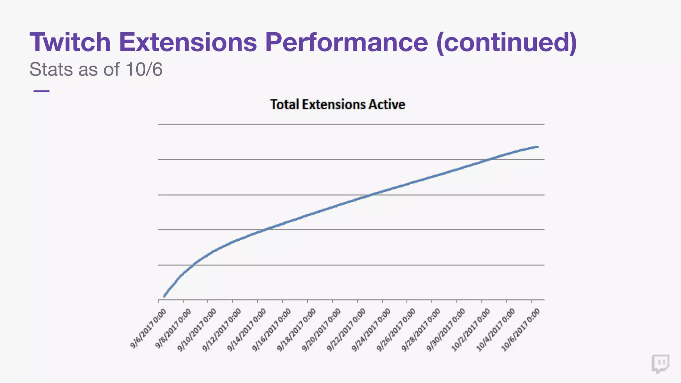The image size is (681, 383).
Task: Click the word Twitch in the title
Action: tap(70, 42)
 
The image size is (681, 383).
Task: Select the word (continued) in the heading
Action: tap(506, 42)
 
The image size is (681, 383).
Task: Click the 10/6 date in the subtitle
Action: tap(144, 69)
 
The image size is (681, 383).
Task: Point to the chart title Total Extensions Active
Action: tap(338, 104)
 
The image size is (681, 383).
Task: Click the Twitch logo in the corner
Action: tap(660, 363)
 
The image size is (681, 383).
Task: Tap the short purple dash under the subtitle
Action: tap(41, 91)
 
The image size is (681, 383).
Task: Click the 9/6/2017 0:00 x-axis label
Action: tap(148, 328)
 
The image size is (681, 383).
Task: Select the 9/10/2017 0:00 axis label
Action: tap(197, 330)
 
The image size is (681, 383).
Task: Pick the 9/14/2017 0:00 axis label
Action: tap(247, 330)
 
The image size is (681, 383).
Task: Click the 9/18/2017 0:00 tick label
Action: tap(297, 330)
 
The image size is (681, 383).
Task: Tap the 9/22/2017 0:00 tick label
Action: tap(346, 330)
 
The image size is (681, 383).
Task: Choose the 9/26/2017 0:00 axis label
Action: tap(396, 330)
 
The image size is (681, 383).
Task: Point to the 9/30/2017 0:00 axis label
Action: tap(446, 330)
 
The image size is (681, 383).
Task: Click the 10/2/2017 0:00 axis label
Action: tap(471, 330)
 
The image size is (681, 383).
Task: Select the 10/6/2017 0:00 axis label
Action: tap(521, 330)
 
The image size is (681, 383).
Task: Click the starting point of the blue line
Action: tap(164, 296)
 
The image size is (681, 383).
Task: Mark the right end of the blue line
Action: tap(537, 147)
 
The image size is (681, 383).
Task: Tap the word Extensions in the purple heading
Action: tap(188, 42)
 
